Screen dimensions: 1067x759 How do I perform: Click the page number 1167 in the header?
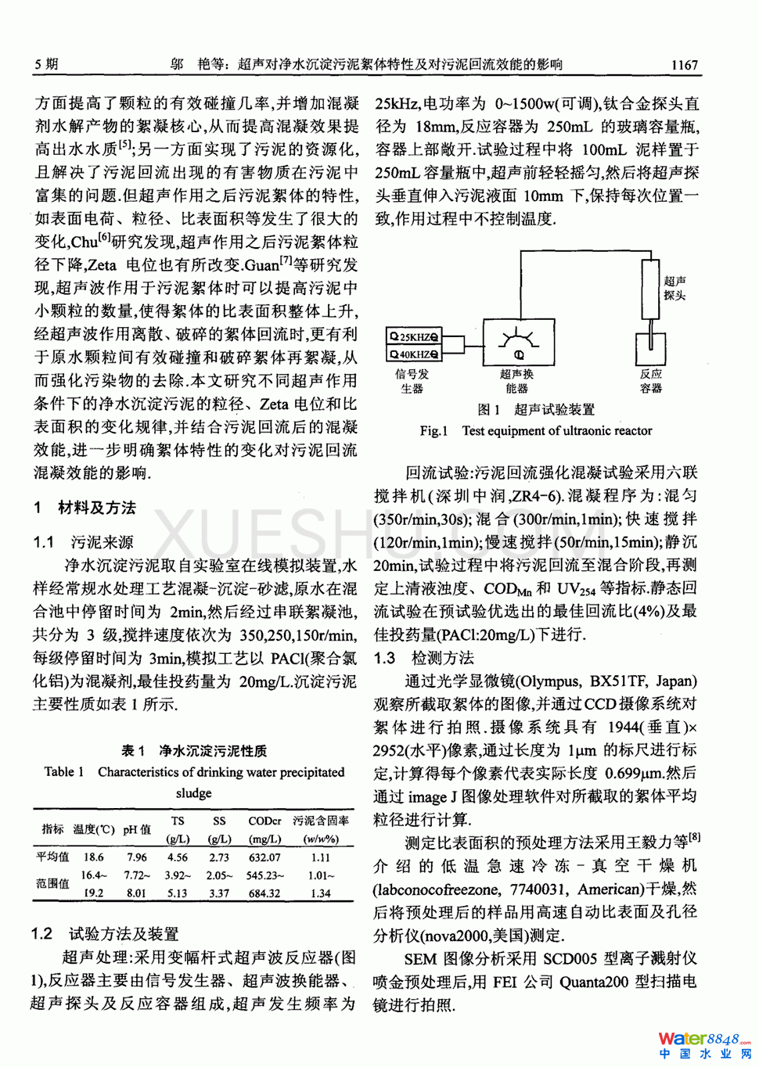pyautogui.click(x=684, y=65)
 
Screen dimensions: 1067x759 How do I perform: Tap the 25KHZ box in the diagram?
pyautogui.click(x=415, y=337)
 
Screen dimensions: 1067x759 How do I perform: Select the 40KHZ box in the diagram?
pyautogui.click(x=415, y=354)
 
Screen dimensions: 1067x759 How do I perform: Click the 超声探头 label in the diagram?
pyautogui.click(x=674, y=288)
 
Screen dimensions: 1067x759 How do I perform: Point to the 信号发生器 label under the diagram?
pyautogui.click(x=412, y=381)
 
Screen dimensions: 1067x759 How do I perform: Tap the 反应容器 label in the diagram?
pyautogui.click(x=651, y=381)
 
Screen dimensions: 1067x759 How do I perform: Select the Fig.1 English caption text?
pyautogui.click(x=535, y=430)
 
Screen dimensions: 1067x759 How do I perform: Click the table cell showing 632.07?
pyautogui.click(x=264, y=857)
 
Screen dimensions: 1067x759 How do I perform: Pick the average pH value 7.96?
pyautogui.click(x=136, y=857)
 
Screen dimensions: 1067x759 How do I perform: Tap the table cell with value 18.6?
pyautogui.click(x=93, y=857)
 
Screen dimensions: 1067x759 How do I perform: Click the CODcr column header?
pyautogui.click(x=264, y=821)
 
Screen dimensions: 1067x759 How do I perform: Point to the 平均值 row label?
pyautogui.click(x=52, y=857)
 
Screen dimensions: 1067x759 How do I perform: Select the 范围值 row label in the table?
pyautogui.click(x=52, y=883)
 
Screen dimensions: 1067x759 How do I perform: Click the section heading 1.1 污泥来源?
pyautogui.click(x=83, y=542)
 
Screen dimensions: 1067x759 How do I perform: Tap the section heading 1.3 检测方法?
pyautogui.click(x=424, y=658)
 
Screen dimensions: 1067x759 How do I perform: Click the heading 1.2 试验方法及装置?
pyautogui.click(x=105, y=934)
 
